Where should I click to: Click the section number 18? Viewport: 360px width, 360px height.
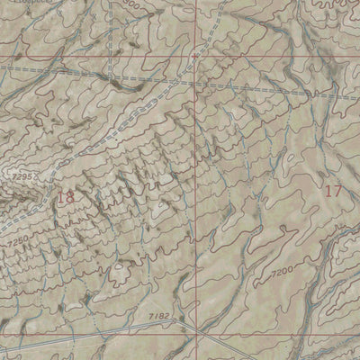[x=65, y=196]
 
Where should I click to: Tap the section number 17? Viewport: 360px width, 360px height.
[x=333, y=190]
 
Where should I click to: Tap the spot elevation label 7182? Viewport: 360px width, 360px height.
[x=159, y=317]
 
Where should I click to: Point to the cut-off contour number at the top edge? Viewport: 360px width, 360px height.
[x=134, y=4]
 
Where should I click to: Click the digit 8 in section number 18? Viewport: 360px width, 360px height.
[x=70, y=196]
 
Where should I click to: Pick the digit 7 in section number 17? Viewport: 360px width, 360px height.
[x=338, y=190]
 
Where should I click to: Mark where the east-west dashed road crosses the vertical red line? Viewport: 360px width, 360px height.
[x=195, y=82]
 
